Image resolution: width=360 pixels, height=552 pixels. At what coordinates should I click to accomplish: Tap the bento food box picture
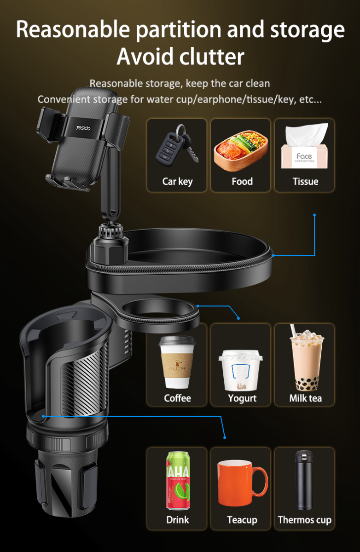[x=241, y=151]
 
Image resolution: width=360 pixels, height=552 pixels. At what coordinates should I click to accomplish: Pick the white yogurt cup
[x=240, y=370]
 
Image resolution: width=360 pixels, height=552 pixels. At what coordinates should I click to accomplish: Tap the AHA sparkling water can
[x=178, y=481]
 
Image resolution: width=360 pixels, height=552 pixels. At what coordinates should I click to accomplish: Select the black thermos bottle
[x=304, y=480]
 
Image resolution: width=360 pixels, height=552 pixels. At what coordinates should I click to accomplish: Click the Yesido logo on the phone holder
[x=83, y=128]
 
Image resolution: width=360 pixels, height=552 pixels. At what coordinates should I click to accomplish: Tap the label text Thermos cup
[x=304, y=520]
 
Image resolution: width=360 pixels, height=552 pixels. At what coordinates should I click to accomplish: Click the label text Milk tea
[x=306, y=398]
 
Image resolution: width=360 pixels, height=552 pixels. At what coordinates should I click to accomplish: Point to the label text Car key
[x=177, y=182]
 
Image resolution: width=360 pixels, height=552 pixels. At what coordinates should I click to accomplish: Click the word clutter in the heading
[x=212, y=57]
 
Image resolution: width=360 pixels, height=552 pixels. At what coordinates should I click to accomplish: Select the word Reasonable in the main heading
[x=73, y=29]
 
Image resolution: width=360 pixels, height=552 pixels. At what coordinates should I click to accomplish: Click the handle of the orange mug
[x=261, y=481]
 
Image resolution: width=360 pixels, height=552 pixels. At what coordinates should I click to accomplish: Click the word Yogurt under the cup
[x=242, y=399]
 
